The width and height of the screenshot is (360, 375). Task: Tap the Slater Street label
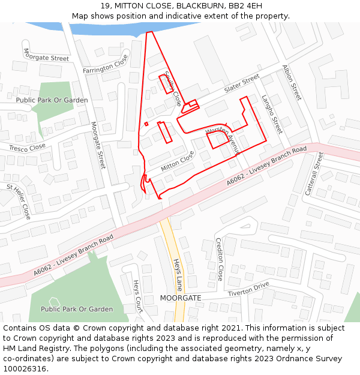241,84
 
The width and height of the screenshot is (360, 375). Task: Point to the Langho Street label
272,114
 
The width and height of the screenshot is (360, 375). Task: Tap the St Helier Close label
19,201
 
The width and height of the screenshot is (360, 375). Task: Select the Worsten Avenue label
223,142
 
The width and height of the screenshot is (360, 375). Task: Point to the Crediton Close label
220,259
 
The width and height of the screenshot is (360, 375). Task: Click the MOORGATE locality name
181,298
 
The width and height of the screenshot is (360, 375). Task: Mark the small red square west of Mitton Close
146,124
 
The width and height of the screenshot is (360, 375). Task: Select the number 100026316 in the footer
25,369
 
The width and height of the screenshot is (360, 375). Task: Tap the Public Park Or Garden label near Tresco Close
52,100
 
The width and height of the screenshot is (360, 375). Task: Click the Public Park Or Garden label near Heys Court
77,309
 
